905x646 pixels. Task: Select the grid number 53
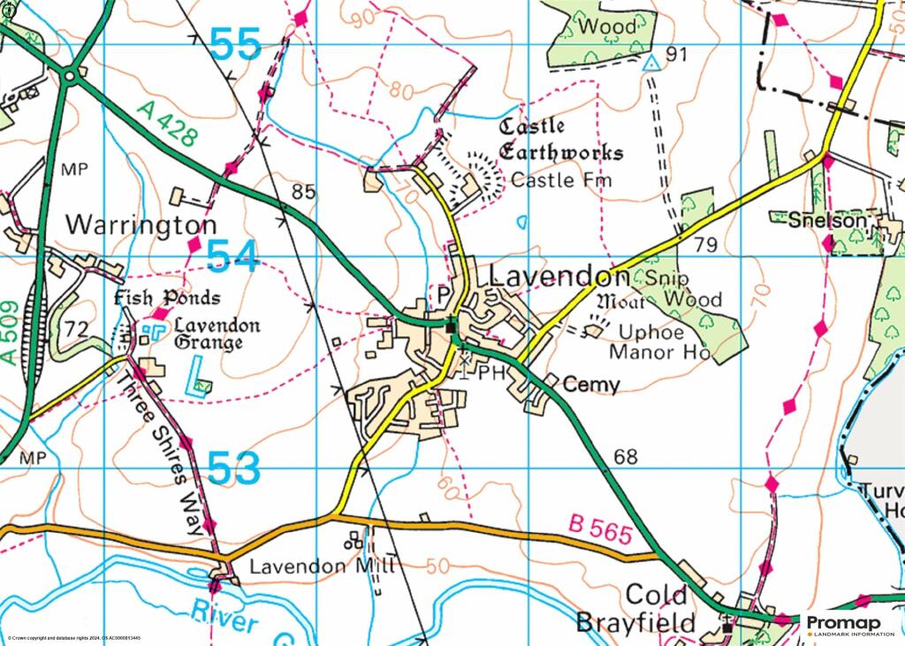tap(235, 469)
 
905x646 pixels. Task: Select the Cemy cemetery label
tap(591, 384)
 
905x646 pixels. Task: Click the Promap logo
tap(849, 626)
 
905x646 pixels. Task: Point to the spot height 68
tap(625, 457)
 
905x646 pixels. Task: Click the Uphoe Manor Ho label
tap(659, 343)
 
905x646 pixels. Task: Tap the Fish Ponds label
tap(167, 298)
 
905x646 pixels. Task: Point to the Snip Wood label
tap(684, 288)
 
